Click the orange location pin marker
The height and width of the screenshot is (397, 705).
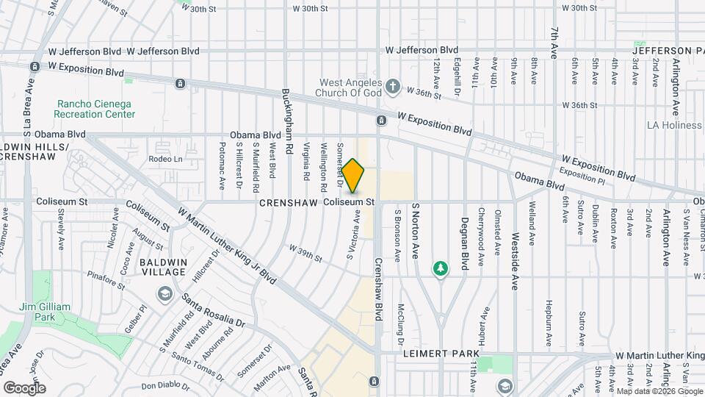(352, 176)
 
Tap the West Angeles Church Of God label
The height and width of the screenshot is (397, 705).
(347, 88)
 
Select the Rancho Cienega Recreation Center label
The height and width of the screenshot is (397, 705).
(95, 109)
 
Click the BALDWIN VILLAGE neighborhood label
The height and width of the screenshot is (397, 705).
(163, 267)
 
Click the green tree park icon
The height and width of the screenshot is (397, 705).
(440, 270)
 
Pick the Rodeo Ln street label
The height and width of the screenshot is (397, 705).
(165, 159)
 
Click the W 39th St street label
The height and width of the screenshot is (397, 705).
(305, 254)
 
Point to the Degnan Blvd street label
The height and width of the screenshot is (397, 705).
(465, 245)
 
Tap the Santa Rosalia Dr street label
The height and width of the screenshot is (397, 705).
(213, 312)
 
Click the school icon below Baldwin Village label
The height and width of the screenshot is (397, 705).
(164, 295)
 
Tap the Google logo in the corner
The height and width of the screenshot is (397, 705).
(24, 387)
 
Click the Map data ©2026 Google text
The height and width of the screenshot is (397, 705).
(657, 391)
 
